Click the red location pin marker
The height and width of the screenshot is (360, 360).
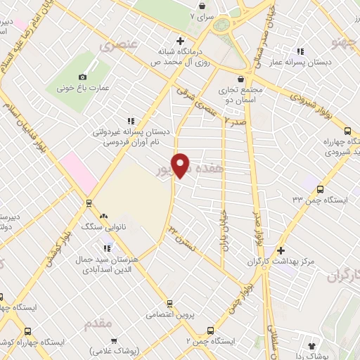coord(181,165)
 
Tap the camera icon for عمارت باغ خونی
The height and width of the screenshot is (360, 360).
coord(83,77)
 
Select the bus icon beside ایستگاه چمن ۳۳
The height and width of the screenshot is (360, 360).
coord(321,189)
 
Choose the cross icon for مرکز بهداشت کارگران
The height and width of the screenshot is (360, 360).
coord(281,250)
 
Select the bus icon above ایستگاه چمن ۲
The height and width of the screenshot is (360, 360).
coord(212,330)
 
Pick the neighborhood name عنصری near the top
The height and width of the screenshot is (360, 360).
coord(117,46)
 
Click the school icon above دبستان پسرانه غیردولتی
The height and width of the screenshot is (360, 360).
coord(129,120)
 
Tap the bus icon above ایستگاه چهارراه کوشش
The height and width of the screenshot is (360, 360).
coord(27,331)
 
